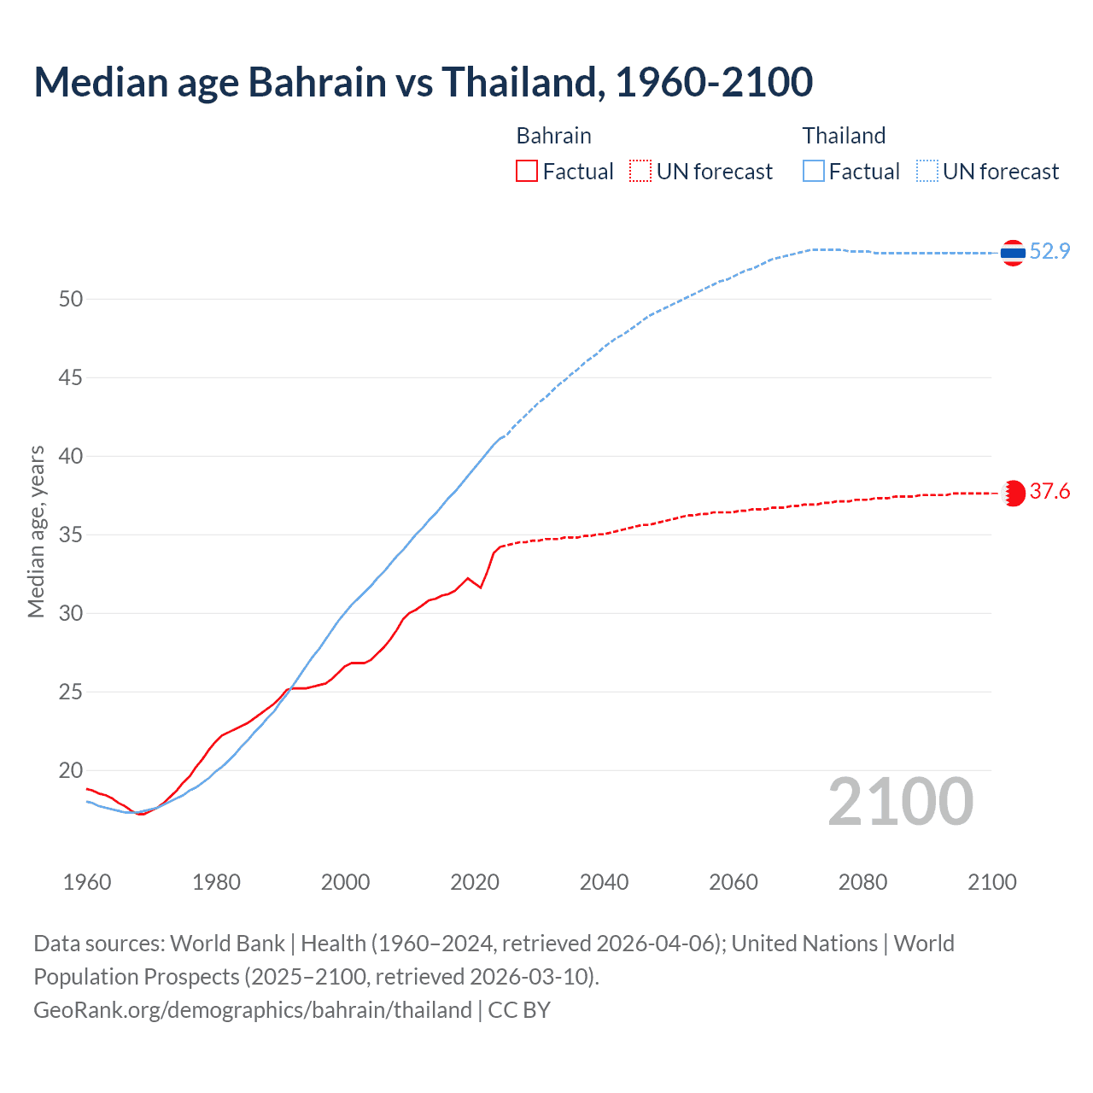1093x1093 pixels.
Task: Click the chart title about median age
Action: pos(423,82)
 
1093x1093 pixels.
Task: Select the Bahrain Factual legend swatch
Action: pos(527,171)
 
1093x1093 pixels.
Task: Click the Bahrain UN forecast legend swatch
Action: pos(640,171)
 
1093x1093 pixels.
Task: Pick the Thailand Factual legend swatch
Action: pos(814,171)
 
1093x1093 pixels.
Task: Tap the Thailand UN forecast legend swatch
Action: pos(927,171)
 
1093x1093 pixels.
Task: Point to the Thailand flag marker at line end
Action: pos(1013,253)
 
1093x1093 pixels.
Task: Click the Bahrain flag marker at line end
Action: pos(1013,493)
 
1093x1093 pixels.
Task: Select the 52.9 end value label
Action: pos(1049,251)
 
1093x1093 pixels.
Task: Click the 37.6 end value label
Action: pos(1049,491)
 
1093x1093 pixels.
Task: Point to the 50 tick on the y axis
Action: pos(71,299)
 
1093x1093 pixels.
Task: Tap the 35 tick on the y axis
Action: pos(71,535)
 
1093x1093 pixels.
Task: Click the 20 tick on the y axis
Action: pos(71,770)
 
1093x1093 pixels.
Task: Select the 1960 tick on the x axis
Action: pos(87,882)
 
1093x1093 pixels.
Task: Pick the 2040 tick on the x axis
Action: pos(604,882)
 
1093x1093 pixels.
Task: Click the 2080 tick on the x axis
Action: pos(862,882)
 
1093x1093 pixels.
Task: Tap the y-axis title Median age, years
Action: pos(36,531)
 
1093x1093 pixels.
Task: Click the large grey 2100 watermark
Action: pos(900,801)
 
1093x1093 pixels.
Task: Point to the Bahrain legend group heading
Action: pos(553,136)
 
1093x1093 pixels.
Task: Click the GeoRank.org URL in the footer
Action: pos(252,1010)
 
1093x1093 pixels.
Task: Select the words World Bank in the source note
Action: pos(227,944)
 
